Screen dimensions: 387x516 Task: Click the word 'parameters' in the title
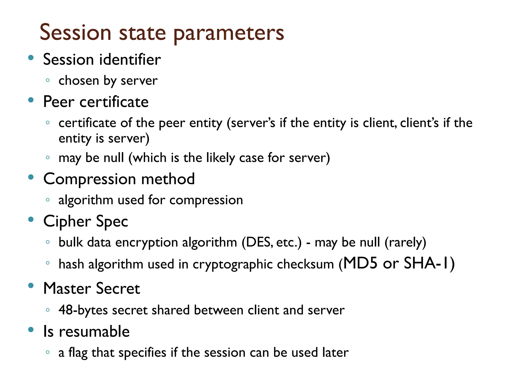(x=229, y=34)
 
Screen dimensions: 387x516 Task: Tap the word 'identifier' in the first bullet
(x=130, y=60)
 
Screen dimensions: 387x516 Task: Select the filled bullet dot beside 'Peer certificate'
(x=31, y=100)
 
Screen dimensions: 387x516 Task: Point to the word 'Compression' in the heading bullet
(x=90, y=179)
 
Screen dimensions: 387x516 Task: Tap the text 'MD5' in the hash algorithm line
(x=360, y=263)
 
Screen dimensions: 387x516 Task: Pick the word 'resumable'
(x=94, y=331)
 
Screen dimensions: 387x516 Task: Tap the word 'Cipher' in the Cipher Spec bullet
(x=67, y=221)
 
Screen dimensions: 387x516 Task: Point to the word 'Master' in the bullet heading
(x=67, y=288)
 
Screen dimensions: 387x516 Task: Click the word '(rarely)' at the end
(x=405, y=242)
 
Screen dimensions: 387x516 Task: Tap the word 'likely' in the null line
(x=220, y=158)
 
